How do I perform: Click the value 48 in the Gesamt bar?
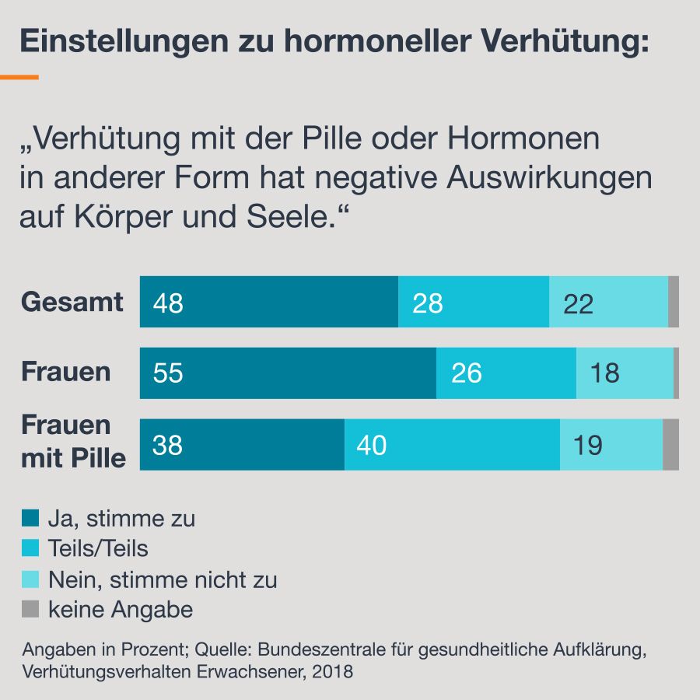[x=168, y=303]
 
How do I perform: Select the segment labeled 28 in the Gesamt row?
[x=428, y=303]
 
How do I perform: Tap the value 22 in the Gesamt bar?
[x=578, y=303]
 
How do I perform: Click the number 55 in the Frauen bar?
[x=168, y=373]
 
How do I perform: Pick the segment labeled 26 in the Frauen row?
[x=467, y=373]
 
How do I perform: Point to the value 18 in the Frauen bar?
[x=605, y=373]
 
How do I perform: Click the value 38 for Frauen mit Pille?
[x=168, y=446]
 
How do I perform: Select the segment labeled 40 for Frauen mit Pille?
[x=371, y=446]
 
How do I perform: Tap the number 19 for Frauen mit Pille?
[x=588, y=446]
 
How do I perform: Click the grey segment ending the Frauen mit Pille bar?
[x=670, y=445]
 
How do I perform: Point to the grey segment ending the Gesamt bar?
[x=674, y=302]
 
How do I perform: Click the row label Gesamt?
[x=72, y=302]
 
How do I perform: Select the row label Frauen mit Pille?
[x=72, y=442]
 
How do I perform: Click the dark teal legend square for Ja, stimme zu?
[x=31, y=519]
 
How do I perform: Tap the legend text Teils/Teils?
[x=98, y=549]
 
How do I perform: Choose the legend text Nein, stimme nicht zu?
[x=163, y=580]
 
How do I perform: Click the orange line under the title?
[x=19, y=78]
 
